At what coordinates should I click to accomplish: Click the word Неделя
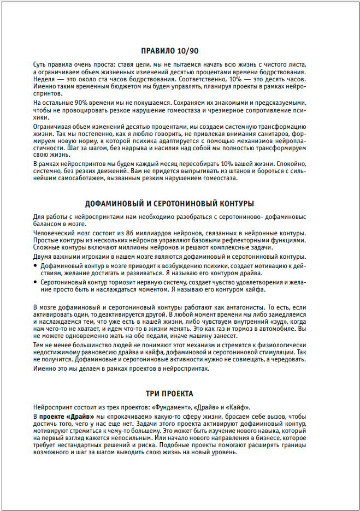click(44, 79)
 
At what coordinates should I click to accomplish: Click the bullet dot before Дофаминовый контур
click(37, 265)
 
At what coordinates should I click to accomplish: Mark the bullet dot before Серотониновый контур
click(37, 282)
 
